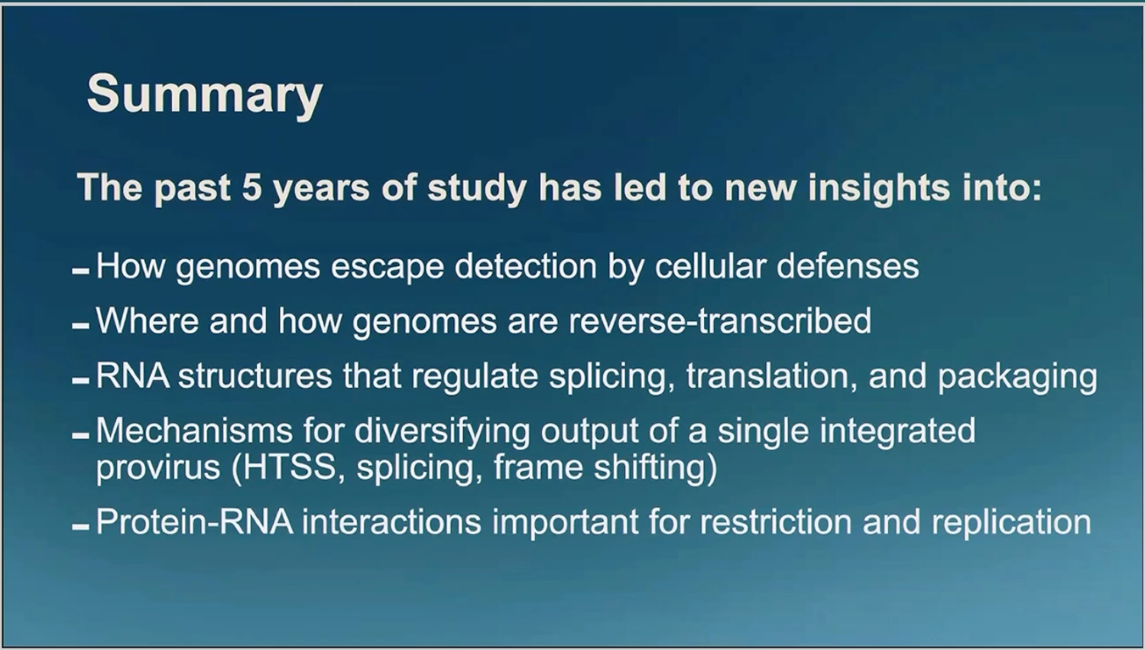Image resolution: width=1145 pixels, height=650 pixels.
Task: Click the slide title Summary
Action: (x=205, y=95)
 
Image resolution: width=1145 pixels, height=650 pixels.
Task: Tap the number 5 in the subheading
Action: (x=252, y=187)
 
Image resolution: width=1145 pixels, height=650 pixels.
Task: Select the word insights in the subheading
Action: (x=879, y=189)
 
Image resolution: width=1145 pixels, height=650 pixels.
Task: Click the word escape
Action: (x=387, y=268)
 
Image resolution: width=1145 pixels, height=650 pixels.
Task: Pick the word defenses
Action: (x=848, y=266)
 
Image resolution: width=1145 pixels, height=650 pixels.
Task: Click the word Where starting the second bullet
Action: (x=148, y=321)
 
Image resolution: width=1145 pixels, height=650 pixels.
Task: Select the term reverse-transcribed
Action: (x=720, y=321)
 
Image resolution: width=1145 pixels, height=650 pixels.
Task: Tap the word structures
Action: (x=255, y=376)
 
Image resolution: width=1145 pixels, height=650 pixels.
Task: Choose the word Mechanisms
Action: (x=194, y=431)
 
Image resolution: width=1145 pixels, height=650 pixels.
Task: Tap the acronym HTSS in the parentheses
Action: (x=290, y=467)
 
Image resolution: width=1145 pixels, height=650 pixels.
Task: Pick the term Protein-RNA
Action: (x=194, y=522)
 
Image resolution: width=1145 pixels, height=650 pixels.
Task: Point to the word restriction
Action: (x=775, y=522)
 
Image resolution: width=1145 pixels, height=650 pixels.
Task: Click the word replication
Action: (x=1011, y=523)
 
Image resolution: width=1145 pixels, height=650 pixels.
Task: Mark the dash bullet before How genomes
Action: (x=81, y=271)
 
